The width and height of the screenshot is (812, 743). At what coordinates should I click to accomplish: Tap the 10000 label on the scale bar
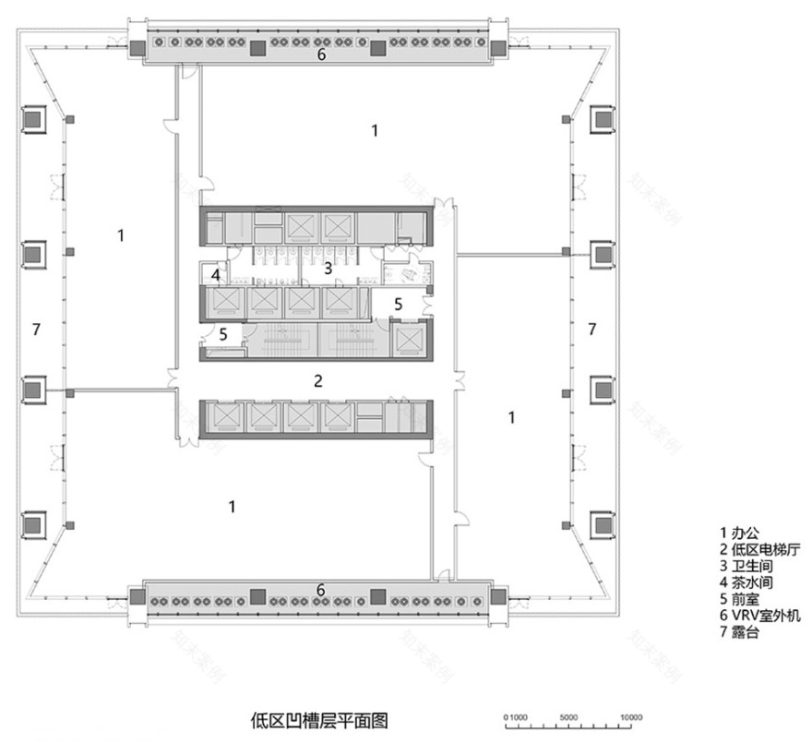(631, 716)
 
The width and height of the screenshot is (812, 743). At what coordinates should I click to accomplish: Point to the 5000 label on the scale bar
(569, 716)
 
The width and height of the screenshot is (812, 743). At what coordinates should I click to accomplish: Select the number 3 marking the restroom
(328, 269)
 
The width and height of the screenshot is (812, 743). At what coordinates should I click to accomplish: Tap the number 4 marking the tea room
(214, 275)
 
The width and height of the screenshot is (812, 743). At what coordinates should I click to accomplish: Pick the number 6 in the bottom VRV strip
(321, 589)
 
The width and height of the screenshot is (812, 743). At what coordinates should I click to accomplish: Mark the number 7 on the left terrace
(36, 328)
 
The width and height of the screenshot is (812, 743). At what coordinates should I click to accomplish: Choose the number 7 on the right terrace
(592, 328)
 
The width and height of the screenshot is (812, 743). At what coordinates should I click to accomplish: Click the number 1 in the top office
(374, 131)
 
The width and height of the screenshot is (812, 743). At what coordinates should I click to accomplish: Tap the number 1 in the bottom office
(233, 506)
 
